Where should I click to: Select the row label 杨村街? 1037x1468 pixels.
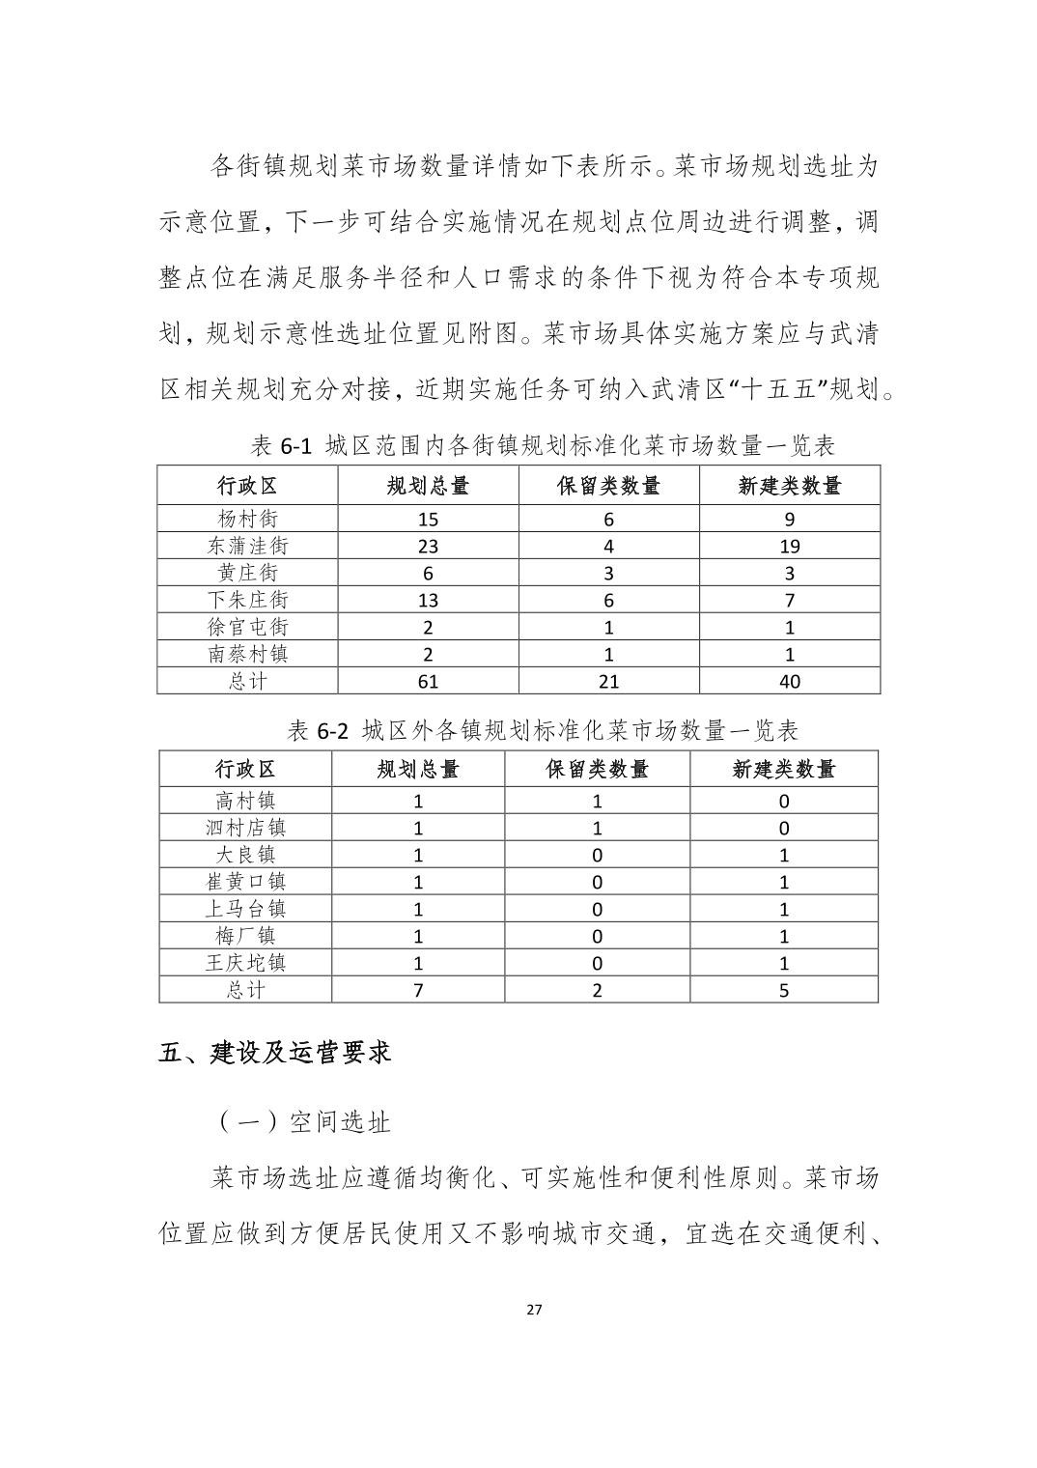pyautogui.click(x=247, y=519)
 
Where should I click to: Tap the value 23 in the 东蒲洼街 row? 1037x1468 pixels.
pyautogui.click(x=428, y=546)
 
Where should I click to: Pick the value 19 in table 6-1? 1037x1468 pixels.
pyautogui.click(x=789, y=546)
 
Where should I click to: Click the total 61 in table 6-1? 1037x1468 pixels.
pyautogui.click(x=428, y=681)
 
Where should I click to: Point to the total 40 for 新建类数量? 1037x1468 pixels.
pyautogui.click(x=789, y=681)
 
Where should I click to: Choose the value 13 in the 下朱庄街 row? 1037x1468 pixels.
pyautogui.click(x=428, y=600)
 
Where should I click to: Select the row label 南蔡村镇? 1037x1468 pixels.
pyautogui.click(x=247, y=654)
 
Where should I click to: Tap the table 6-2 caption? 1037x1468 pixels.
pyautogui.click(x=543, y=729)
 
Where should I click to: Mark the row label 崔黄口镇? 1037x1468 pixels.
pyautogui.click(x=245, y=882)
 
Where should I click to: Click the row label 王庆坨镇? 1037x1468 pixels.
pyautogui.click(x=245, y=963)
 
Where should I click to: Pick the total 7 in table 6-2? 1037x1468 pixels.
pyautogui.click(x=418, y=990)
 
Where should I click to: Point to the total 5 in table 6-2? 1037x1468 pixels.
pyautogui.click(x=783, y=990)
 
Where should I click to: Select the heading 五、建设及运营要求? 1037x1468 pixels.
pyautogui.click(x=274, y=1052)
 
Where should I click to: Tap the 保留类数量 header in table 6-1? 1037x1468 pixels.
pyautogui.click(x=608, y=486)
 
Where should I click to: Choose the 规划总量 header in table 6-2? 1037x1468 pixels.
pyautogui.click(x=418, y=769)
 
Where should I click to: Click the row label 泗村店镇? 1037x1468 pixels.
pyautogui.click(x=245, y=828)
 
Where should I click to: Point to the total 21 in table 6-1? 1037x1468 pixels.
pyautogui.click(x=608, y=681)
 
